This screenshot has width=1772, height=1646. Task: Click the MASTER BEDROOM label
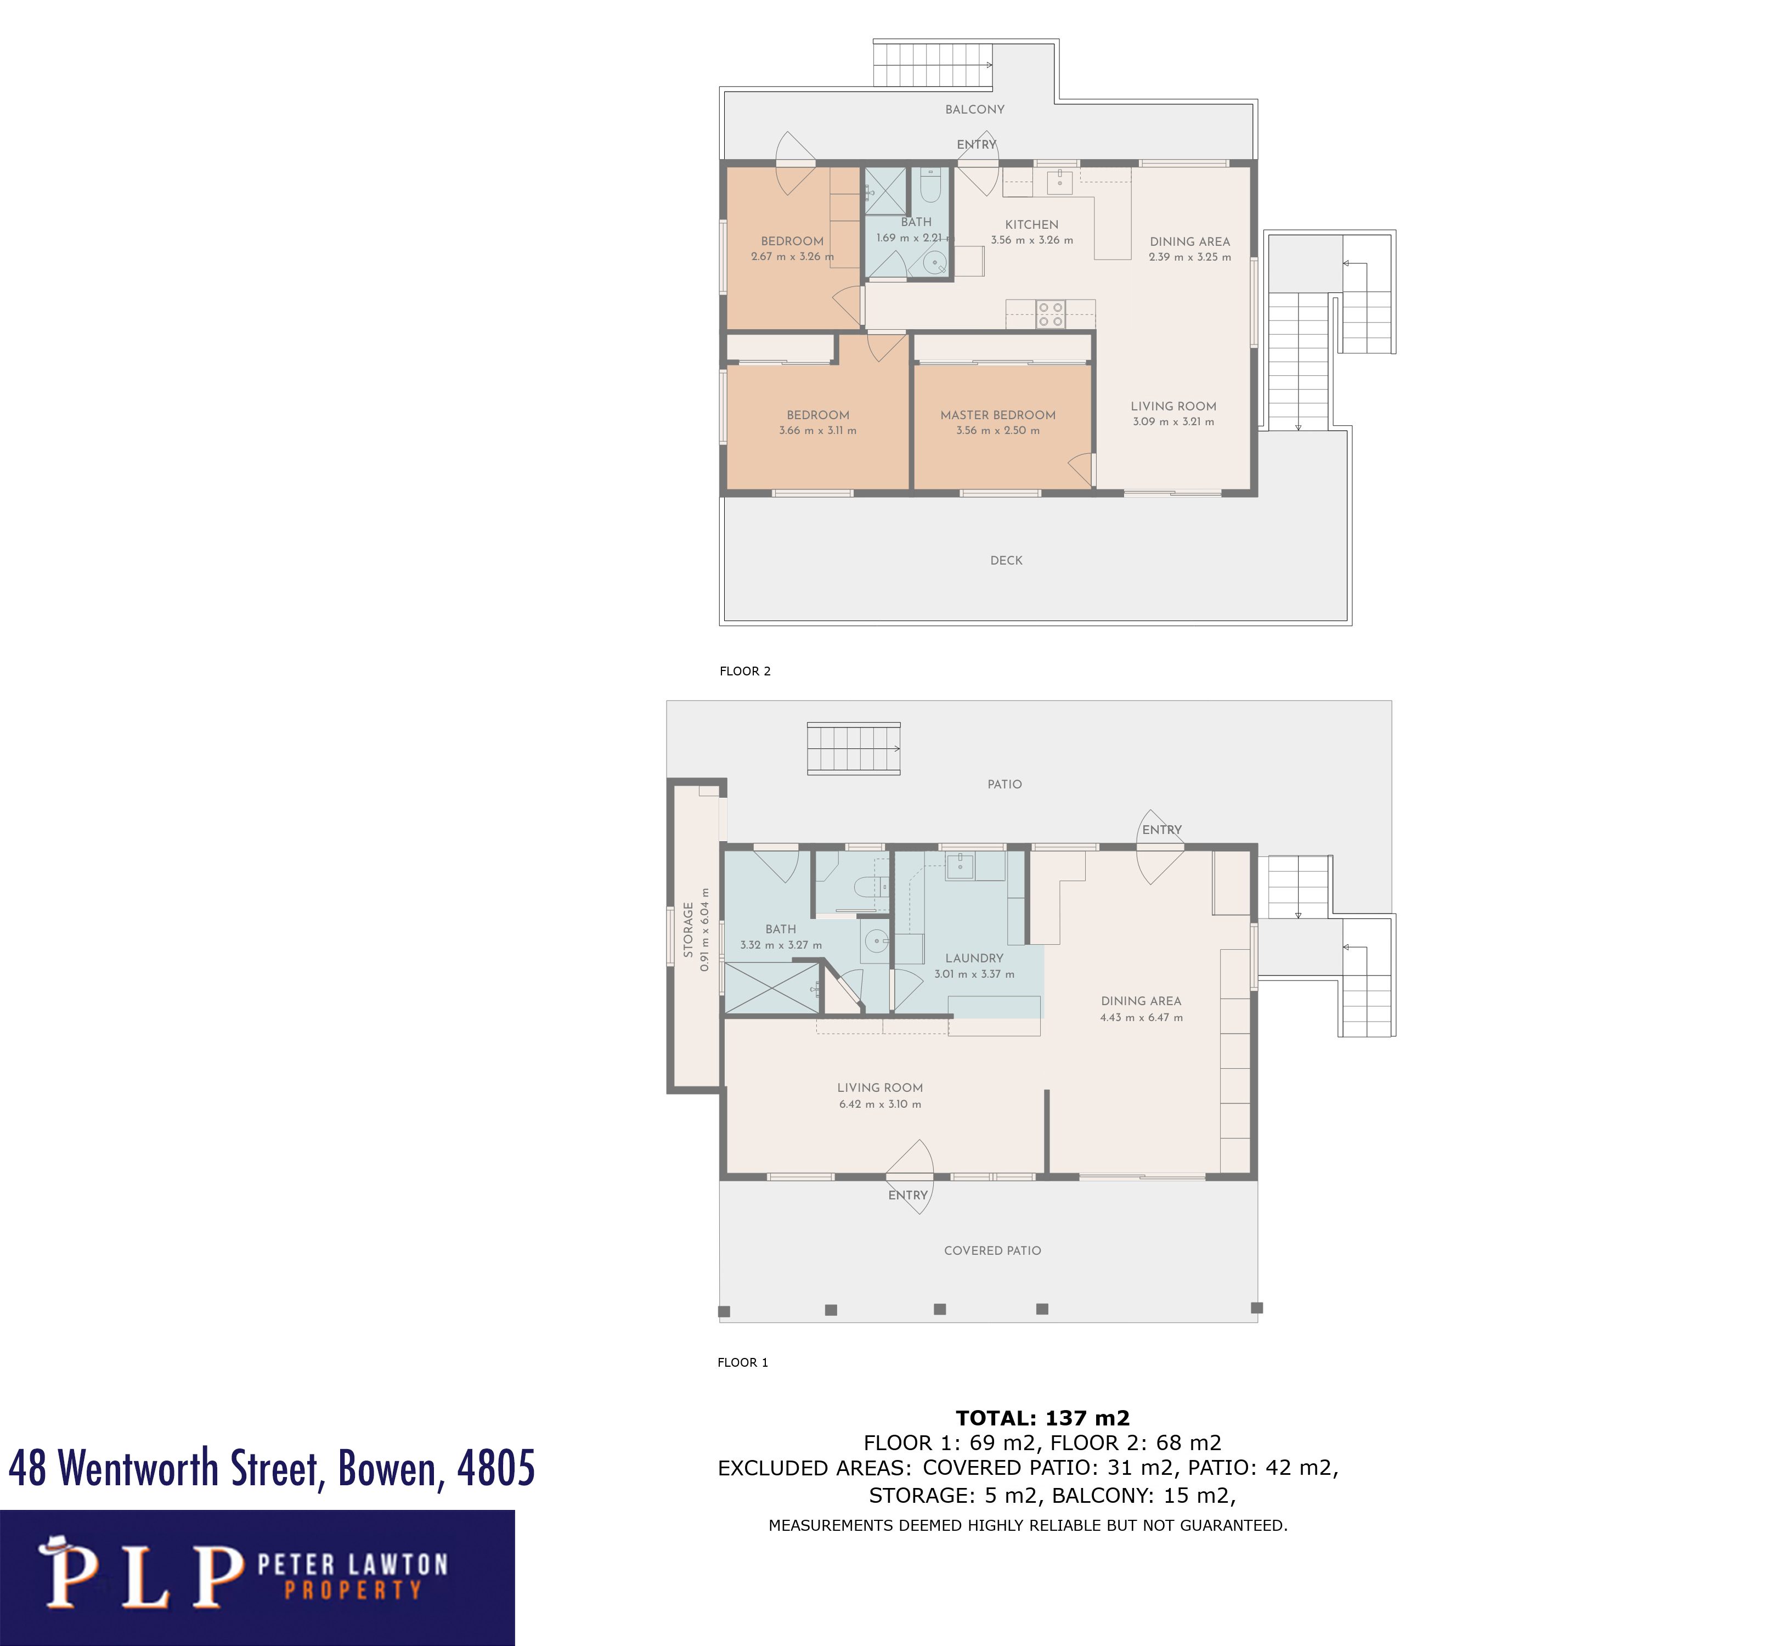997,415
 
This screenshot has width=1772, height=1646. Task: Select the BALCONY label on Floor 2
974,110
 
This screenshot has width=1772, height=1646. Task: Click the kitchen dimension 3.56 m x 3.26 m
1031,240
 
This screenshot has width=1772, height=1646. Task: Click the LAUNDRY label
973,959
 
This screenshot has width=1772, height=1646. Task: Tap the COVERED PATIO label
992,1250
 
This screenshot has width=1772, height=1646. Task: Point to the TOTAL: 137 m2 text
1042,1418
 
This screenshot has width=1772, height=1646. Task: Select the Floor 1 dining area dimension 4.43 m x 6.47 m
1141,1017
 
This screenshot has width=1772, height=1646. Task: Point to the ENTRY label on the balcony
976,144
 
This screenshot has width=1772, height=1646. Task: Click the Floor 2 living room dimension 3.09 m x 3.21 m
1173,422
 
